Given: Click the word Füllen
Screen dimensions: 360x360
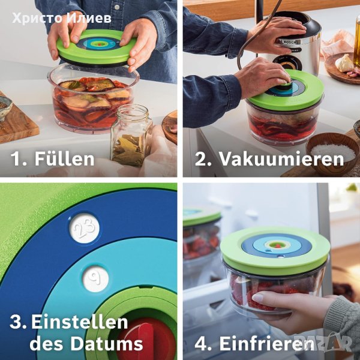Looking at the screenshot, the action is coord(64,159).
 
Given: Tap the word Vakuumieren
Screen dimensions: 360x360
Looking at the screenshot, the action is coord(282,159).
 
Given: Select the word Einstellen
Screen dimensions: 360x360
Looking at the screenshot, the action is coord(80,322).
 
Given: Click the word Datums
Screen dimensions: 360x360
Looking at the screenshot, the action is coord(107,344).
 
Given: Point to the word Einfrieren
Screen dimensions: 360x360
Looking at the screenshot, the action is coord(266,344).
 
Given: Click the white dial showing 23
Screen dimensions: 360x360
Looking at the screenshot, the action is coord(84,228).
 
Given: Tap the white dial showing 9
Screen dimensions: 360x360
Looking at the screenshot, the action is coord(95,279).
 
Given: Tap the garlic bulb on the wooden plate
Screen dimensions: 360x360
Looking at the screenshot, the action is coord(344,63).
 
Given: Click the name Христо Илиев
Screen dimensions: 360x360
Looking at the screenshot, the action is coord(62,19).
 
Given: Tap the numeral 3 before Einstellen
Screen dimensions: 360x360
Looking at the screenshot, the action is coord(16,322).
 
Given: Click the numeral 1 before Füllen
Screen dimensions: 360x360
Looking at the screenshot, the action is coord(17,159).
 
